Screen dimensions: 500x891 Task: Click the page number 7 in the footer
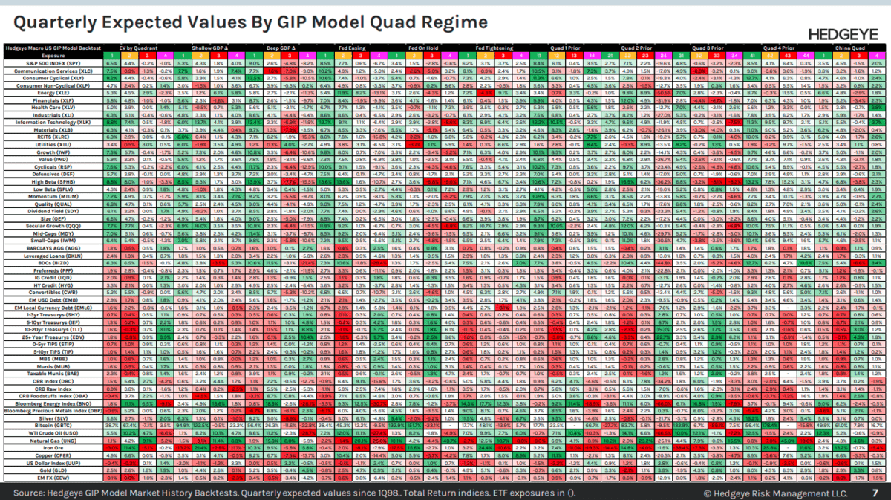click(875, 493)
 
